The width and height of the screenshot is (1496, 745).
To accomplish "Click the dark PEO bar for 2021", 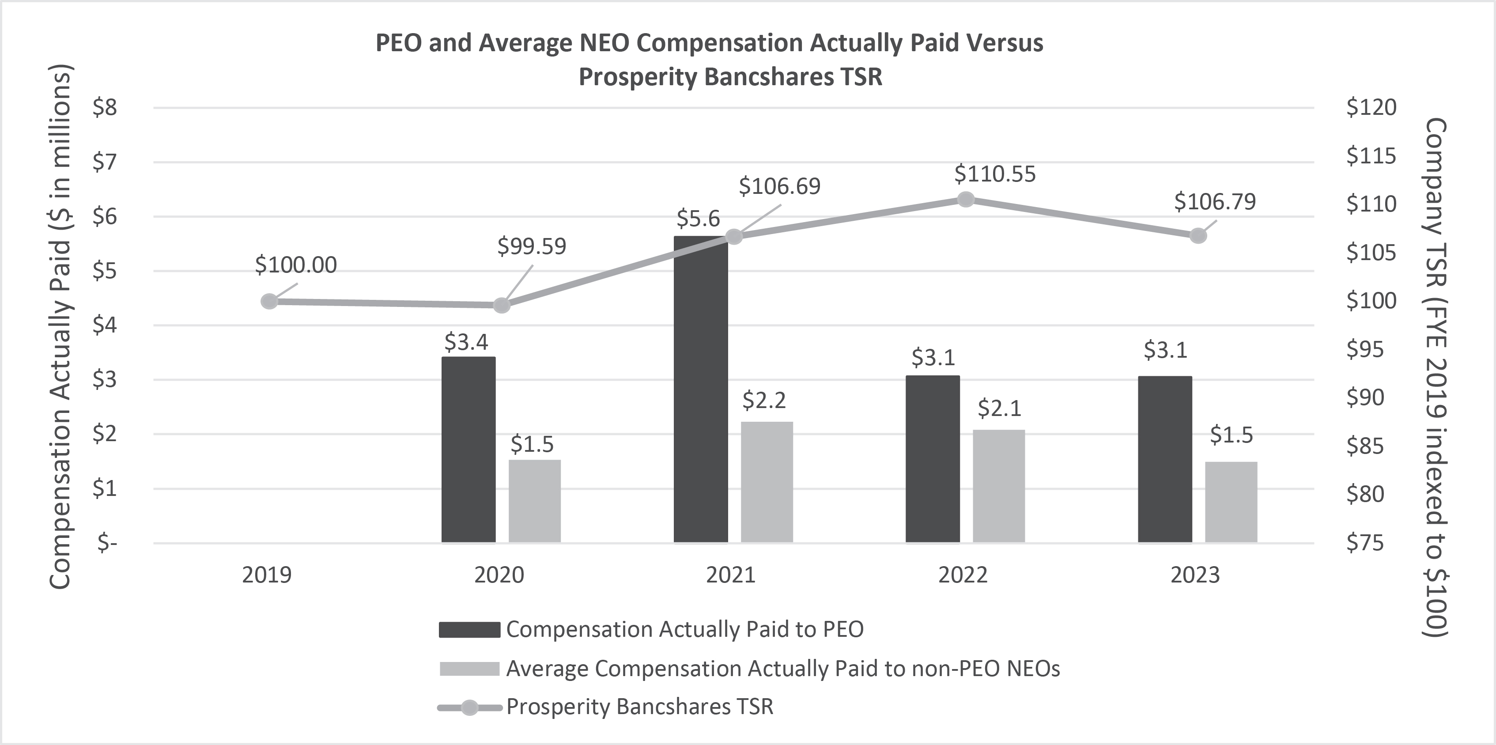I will (x=700, y=389).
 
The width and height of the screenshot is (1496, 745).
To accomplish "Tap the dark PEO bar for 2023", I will (x=1164, y=459).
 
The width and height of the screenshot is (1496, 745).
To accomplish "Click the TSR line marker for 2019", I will (x=269, y=301).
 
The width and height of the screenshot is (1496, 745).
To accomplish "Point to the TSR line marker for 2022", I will (x=965, y=199).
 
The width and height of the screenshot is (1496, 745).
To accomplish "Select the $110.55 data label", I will (x=995, y=174).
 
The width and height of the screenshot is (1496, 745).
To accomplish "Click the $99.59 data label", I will (x=531, y=246).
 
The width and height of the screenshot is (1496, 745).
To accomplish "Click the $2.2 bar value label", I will (x=764, y=401).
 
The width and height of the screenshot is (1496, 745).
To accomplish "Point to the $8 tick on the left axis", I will (x=105, y=107).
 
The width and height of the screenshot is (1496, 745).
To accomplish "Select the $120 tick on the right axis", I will (x=1371, y=107).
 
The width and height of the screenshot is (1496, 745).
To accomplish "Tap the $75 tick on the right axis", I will (x=1365, y=542).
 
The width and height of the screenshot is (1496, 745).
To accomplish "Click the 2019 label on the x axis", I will (x=267, y=575).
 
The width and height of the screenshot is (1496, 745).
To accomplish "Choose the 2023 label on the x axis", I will (x=1194, y=575).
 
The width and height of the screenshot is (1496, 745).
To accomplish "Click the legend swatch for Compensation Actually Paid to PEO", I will (x=469, y=629).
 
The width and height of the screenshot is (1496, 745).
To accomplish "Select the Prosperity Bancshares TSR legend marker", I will (x=469, y=707).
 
